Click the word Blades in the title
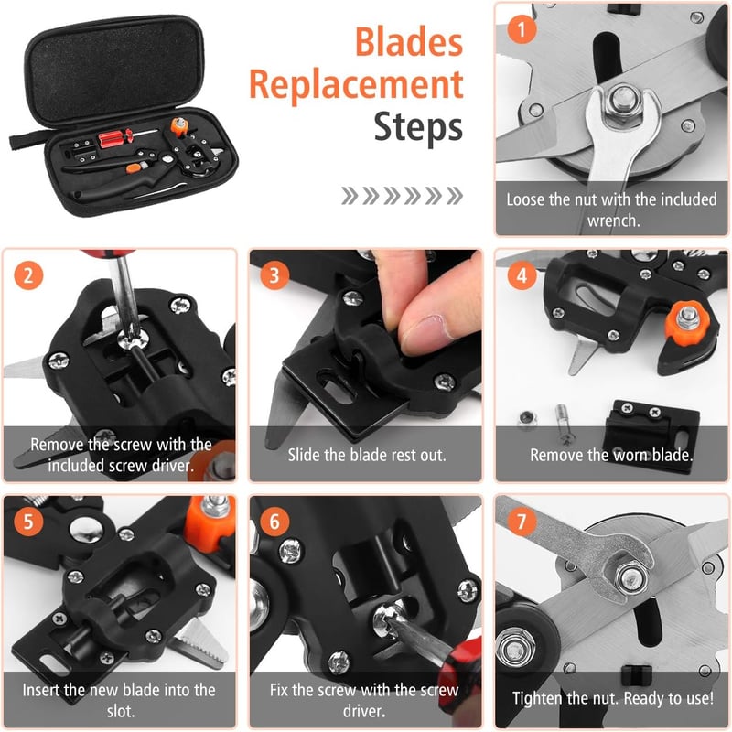[409, 42]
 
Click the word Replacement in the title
[356, 85]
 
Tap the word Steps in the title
[418, 126]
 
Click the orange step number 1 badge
[522, 29]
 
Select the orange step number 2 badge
[28, 275]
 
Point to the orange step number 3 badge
[274, 275]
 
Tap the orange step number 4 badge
[522, 275]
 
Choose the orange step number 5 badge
[28, 522]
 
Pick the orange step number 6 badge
[274, 522]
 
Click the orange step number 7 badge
[522, 522]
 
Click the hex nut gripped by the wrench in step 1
[623, 102]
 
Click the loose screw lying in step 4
[564, 424]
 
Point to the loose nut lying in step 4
[528, 419]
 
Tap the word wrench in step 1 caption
[613, 221]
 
